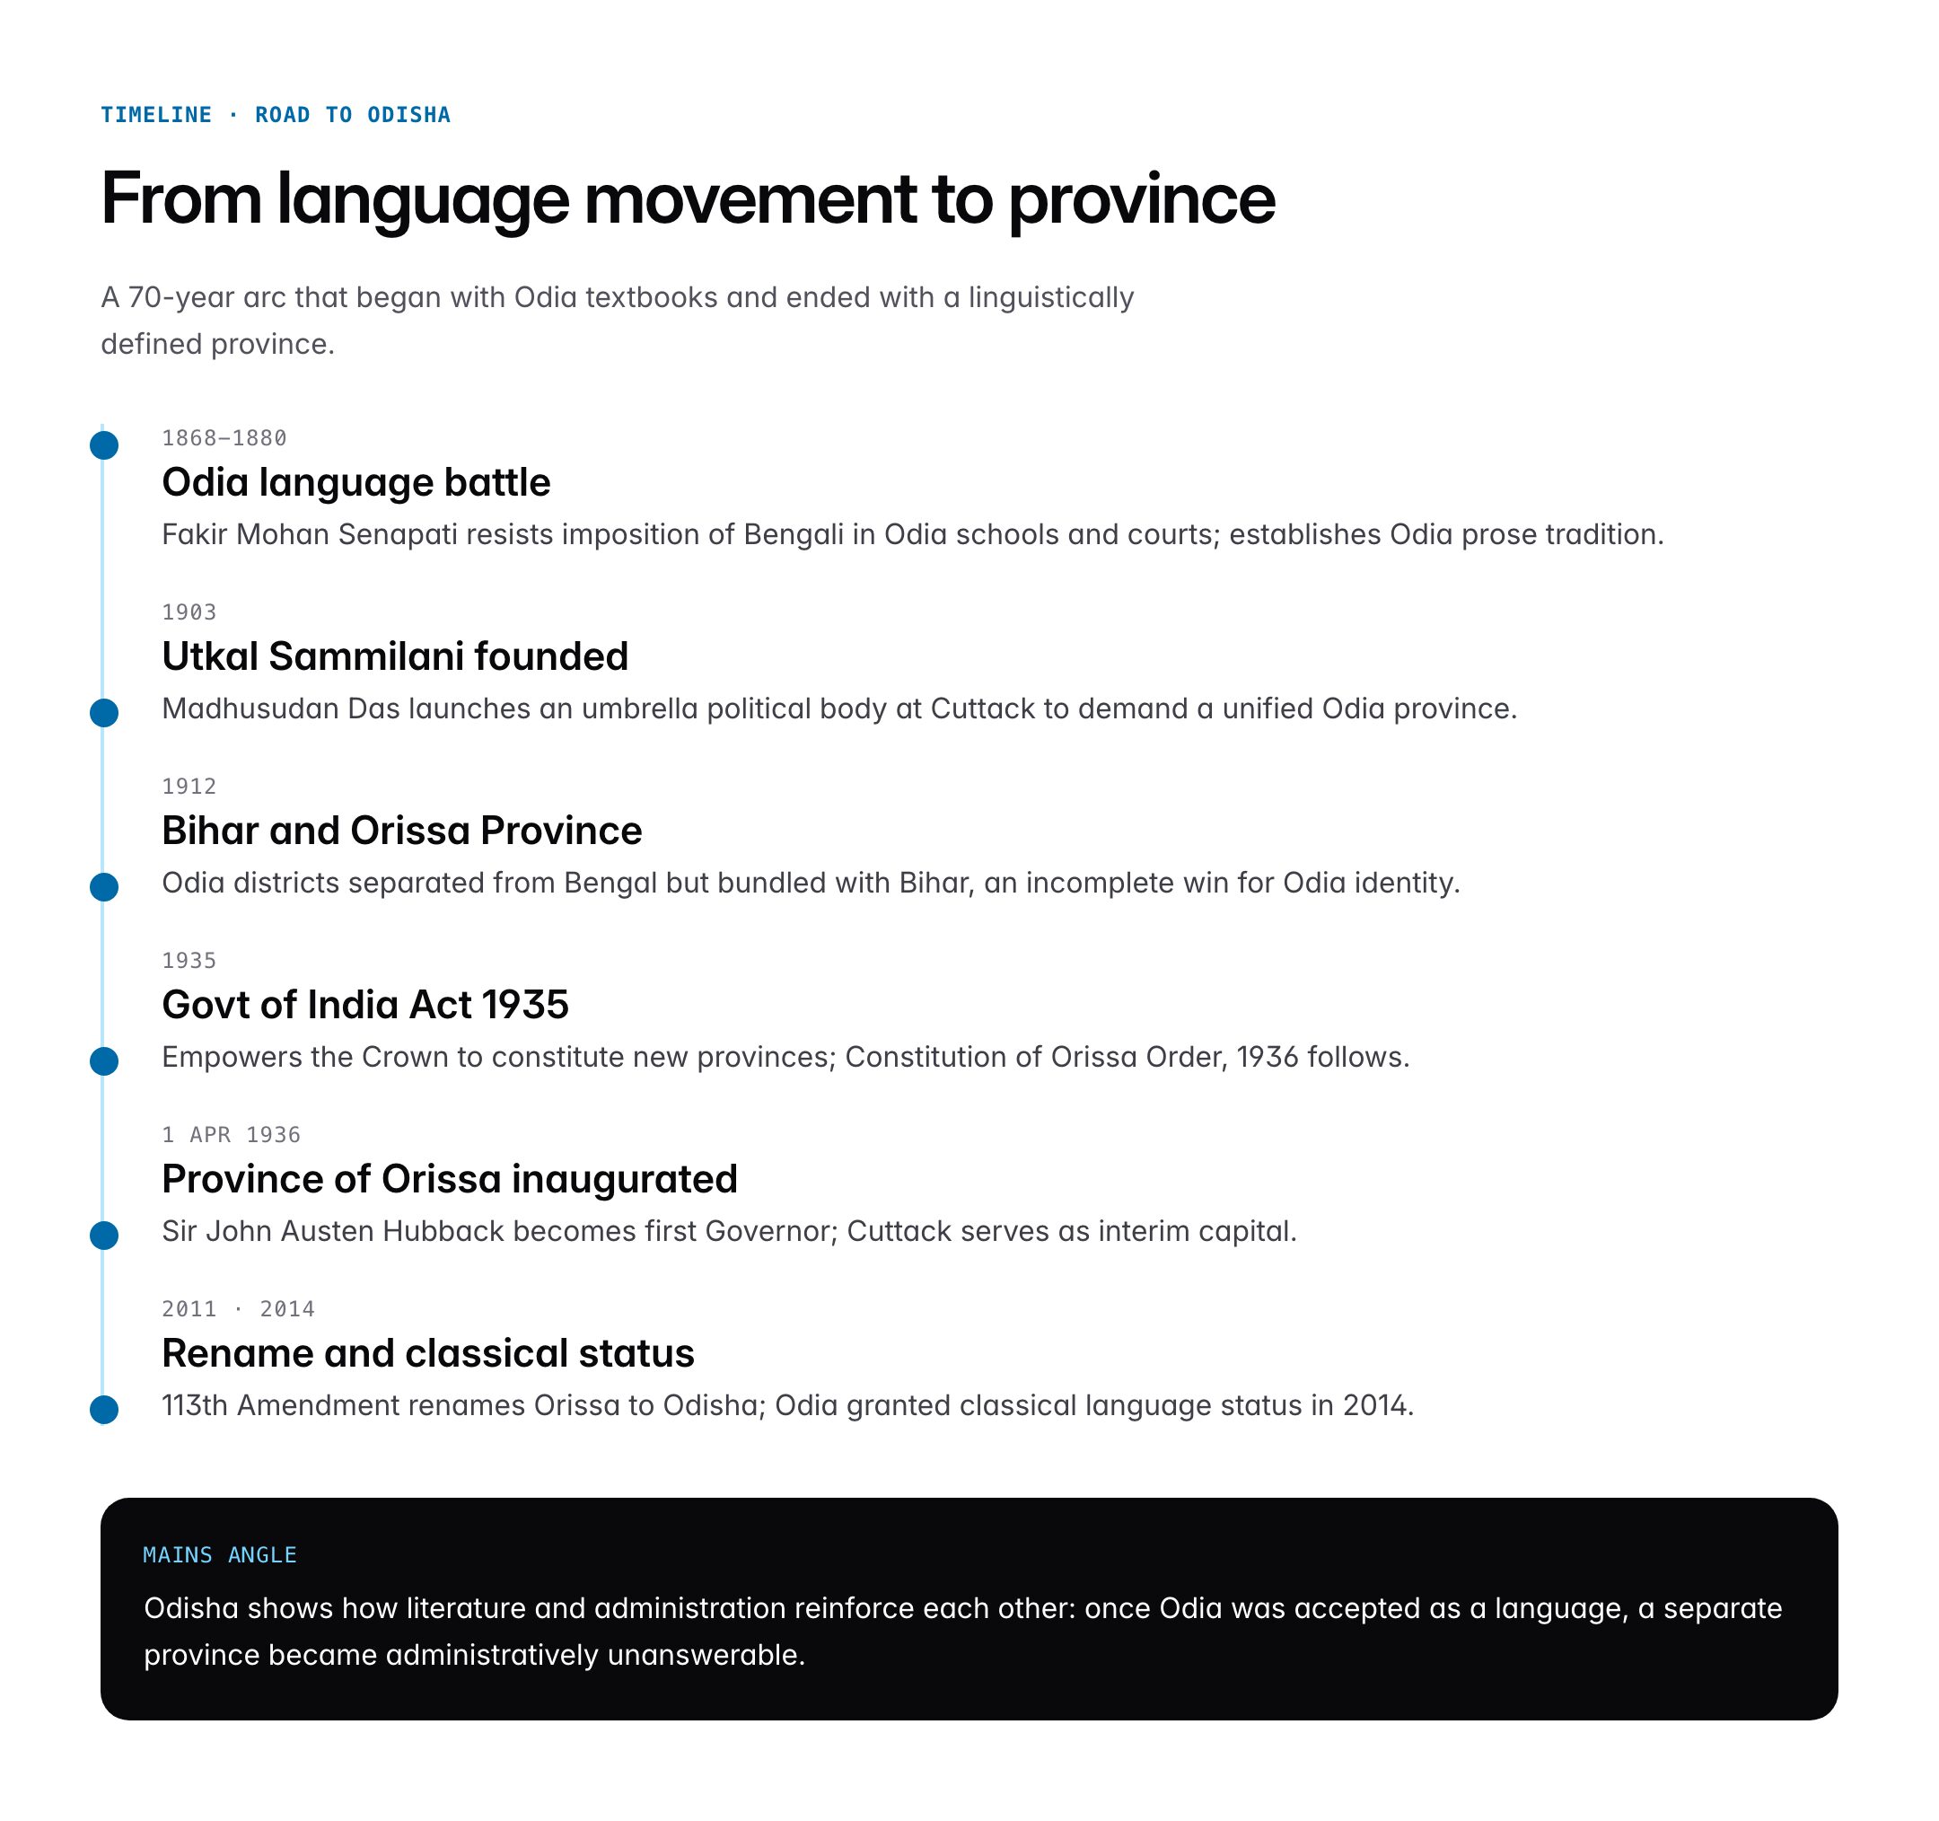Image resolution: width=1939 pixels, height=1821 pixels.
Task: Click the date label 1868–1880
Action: [x=224, y=438]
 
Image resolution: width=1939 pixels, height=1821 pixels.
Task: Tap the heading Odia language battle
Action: [x=356, y=483]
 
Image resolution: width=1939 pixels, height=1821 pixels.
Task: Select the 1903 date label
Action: [x=189, y=612]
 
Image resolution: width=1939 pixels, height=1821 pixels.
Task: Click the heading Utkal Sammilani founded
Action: [x=395, y=656]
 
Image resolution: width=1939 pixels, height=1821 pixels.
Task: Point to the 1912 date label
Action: [x=189, y=787]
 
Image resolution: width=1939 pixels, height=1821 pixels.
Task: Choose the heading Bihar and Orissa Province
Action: [x=402, y=831]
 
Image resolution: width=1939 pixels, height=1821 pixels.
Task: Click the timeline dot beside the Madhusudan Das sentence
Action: [x=104, y=713]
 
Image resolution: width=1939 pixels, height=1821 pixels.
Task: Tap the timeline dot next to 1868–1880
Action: [x=104, y=445]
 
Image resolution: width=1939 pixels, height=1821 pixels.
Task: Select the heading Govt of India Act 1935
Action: [x=364, y=1005]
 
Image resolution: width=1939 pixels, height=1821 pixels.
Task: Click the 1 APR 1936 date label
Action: [x=232, y=1134]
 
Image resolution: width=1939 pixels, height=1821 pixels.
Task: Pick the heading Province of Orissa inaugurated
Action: [x=450, y=1179]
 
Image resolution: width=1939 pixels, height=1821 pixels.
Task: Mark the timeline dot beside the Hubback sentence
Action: [x=104, y=1236]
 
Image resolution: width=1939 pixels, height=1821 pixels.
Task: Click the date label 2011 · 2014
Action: [x=238, y=1309]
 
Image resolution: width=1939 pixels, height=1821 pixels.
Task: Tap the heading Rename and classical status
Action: [x=428, y=1354]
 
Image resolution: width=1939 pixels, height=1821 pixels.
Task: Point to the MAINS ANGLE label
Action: [x=219, y=1554]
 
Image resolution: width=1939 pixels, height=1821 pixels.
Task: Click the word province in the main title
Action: [x=1141, y=200]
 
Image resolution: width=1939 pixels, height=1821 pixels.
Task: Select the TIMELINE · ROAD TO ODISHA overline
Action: [x=275, y=115]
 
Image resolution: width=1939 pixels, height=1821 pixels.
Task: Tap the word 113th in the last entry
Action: [x=194, y=1405]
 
